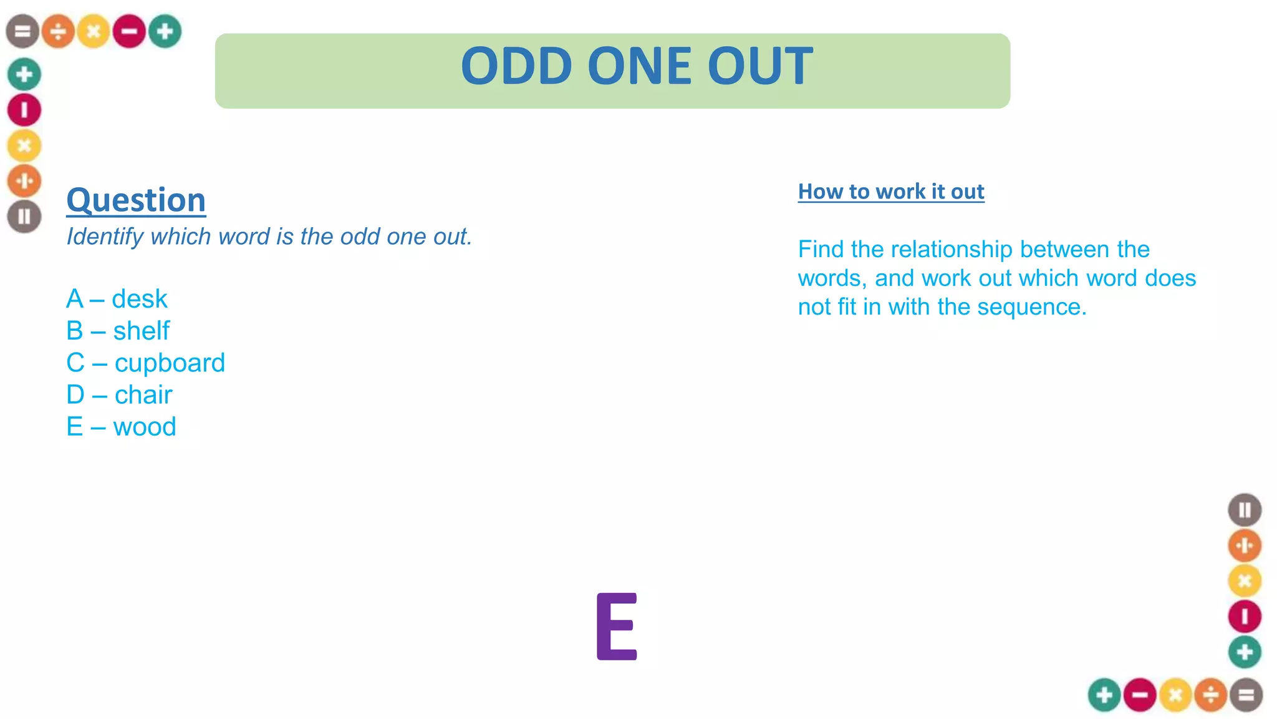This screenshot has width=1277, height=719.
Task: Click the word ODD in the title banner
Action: click(x=516, y=66)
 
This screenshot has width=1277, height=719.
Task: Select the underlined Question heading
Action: click(x=136, y=200)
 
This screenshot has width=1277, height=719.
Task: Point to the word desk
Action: click(x=140, y=299)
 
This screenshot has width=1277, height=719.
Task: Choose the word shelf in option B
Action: click(x=141, y=331)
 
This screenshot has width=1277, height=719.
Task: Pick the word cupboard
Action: click(x=170, y=363)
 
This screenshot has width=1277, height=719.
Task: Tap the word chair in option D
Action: click(x=143, y=394)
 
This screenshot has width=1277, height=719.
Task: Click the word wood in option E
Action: click(x=145, y=427)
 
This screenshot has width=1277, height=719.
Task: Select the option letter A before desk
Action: click(x=75, y=299)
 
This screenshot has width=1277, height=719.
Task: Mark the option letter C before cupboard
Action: click(x=75, y=363)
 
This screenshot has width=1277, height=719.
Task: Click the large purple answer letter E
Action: click(x=616, y=626)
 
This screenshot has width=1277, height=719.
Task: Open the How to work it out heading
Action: click(x=891, y=192)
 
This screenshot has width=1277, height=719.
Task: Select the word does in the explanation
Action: click(x=1170, y=278)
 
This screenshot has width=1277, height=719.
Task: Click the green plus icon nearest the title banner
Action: click(x=165, y=31)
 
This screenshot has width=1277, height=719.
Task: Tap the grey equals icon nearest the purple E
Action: click(x=1246, y=695)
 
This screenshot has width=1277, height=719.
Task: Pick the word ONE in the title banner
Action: click(x=639, y=66)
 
